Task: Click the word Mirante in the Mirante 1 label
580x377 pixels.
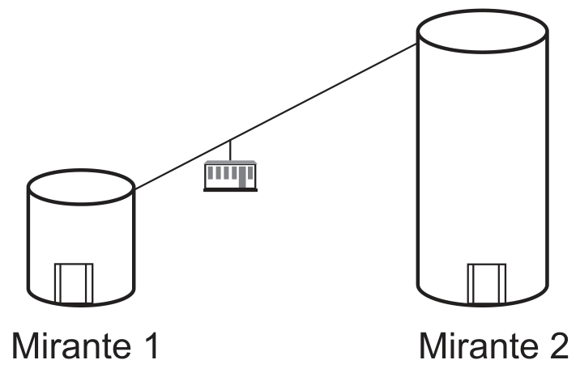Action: [x=72, y=345]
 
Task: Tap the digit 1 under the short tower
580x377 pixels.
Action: [x=151, y=345]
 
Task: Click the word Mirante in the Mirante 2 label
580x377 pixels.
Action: [x=480, y=345]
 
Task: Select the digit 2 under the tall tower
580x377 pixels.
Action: [x=559, y=345]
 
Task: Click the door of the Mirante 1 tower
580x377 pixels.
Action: [x=74, y=283]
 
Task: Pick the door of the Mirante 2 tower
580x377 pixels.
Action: [x=486, y=283]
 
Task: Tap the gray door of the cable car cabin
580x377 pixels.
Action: [x=242, y=177]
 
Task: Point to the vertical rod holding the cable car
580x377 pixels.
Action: [x=230, y=150]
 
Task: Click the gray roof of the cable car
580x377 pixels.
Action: [x=230, y=163]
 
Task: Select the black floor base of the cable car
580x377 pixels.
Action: [x=230, y=190]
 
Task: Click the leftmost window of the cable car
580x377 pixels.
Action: [x=211, y=172]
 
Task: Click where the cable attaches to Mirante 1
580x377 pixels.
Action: [x=134, y=189]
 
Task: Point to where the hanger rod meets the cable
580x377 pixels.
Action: [x=230, y=140]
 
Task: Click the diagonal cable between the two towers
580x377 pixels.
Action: [x=276, y=116]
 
